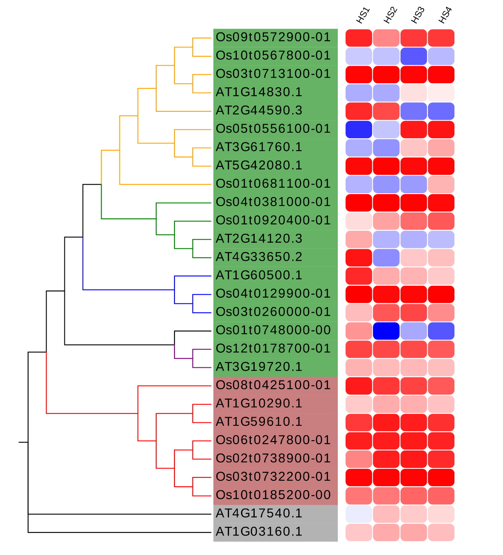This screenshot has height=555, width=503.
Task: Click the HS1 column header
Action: tap(363, 16)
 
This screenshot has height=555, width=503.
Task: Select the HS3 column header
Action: tap(418, 16)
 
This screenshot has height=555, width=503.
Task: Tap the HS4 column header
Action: tap(445, 16)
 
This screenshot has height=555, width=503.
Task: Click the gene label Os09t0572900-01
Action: tap(273, 38)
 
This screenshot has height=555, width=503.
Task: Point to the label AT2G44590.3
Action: tap(259, 110)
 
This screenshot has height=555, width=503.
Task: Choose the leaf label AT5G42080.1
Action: tap(259, 166)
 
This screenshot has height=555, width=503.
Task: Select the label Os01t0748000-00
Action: tap(273, 330)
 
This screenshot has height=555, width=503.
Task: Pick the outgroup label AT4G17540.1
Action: tap(259, 514)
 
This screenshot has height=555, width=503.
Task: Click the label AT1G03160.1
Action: tap(259, 532)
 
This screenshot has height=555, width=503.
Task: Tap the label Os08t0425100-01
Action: tap(273, 385)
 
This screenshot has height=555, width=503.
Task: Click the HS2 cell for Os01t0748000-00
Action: tap(386, 331)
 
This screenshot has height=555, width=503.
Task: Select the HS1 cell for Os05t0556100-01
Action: tap(359, 129)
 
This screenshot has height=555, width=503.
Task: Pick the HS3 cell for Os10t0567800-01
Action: tap(413, 56)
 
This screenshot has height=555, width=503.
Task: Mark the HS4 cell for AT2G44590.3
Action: tap(441, 111)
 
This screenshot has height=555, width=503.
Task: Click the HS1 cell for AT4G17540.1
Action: tap(359, 514)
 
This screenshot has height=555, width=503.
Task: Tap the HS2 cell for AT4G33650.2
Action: tap(386, 258)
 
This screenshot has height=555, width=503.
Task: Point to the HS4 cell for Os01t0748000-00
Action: tap(441, 331)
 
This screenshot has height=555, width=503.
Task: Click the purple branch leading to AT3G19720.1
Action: tap(202, 368)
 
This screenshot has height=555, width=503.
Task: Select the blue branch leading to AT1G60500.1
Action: tap(193, 276)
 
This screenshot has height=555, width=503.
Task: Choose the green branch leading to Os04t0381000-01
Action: tap(183, 203)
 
